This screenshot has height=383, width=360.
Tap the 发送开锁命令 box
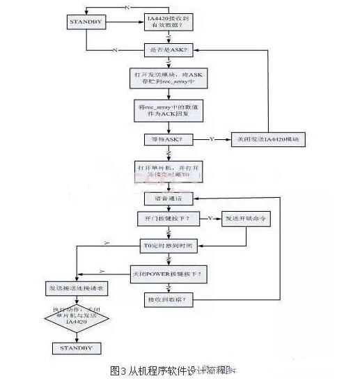tap(246, 219)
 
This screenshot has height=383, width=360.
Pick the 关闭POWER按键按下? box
tap(169, 273)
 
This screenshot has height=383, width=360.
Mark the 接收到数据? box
tap(170, 299)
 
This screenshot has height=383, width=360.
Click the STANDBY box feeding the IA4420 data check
tap(86, 22)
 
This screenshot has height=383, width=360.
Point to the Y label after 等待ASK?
tap(211, 139)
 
